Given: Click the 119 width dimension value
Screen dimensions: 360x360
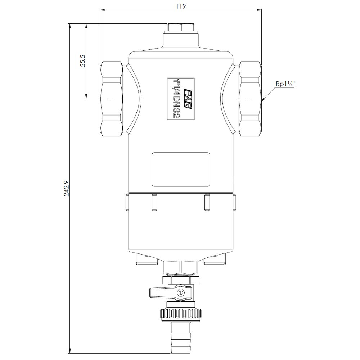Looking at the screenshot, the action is (181, 6).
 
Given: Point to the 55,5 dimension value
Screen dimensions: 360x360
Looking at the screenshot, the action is (83, 60).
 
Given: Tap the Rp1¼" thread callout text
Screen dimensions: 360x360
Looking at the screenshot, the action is (285, 84).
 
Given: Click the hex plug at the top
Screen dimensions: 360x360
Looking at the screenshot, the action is (181, 28).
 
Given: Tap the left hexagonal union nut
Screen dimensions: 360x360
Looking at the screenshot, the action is (111, 99).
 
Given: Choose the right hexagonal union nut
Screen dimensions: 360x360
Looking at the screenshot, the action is (250, 99).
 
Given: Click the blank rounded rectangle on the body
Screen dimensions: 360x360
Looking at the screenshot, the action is (181, 170).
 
